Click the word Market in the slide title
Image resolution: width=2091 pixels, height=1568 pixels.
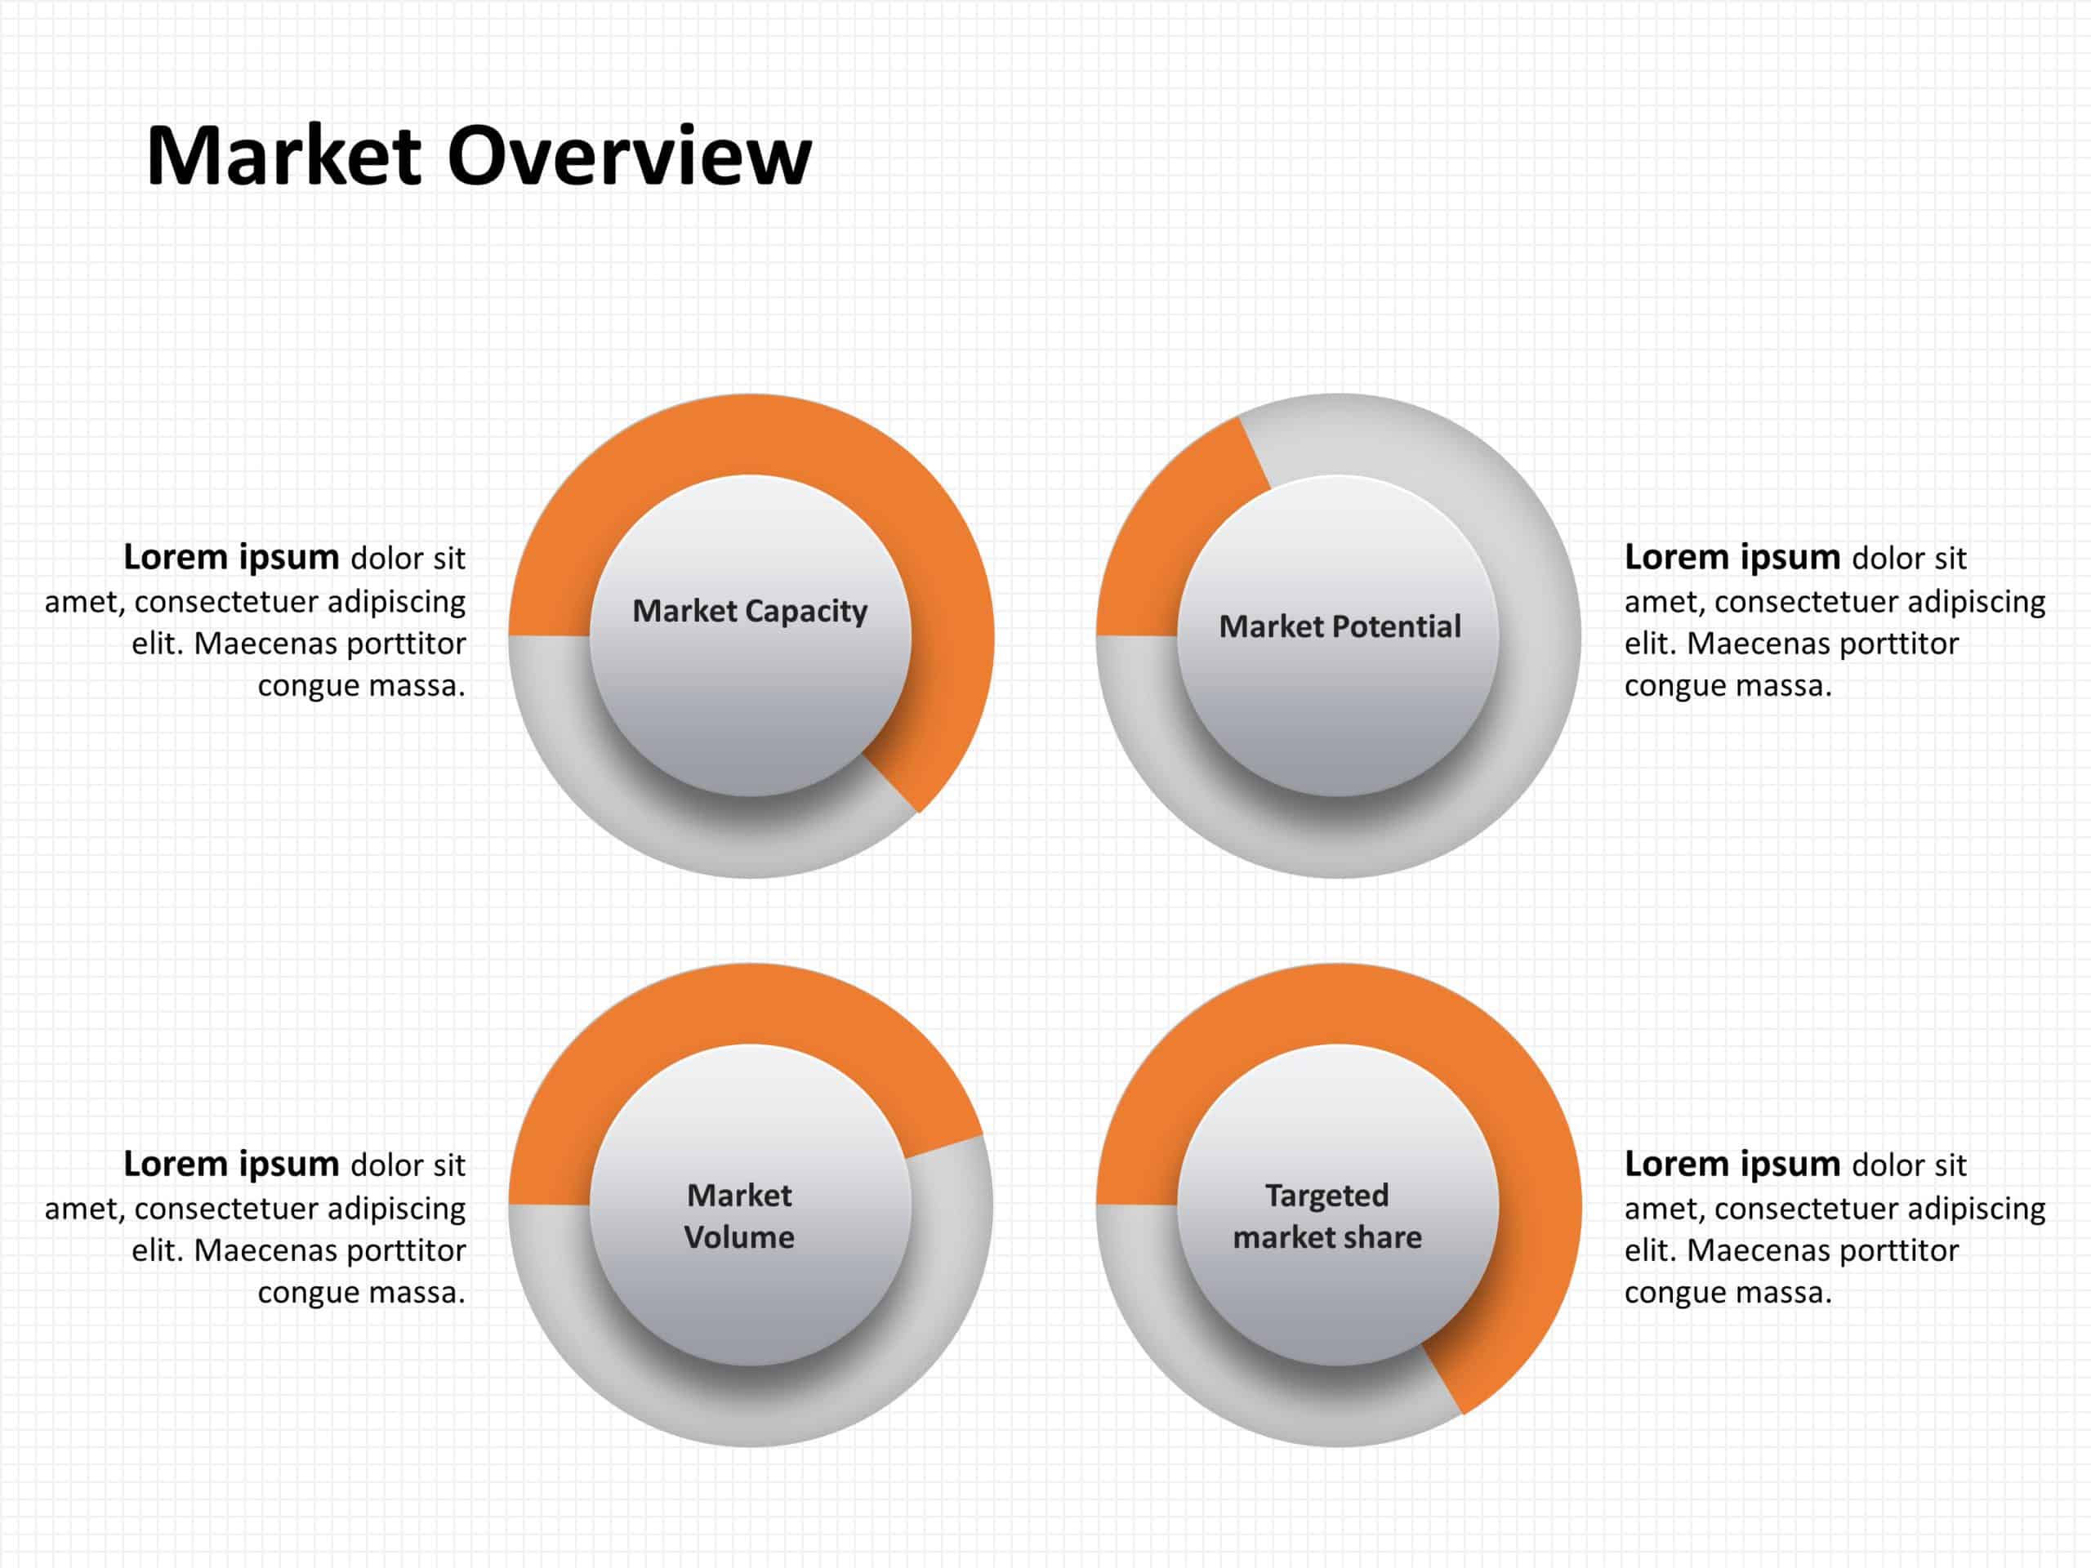point(283,156)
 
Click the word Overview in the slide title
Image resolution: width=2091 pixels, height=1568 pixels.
point(629,156)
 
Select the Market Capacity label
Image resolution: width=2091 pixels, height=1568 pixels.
point(750,612)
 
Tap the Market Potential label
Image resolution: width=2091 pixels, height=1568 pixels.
point(1340,626)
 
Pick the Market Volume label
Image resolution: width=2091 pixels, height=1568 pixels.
point(739,1216)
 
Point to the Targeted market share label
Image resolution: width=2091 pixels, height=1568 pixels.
point(1327,1216)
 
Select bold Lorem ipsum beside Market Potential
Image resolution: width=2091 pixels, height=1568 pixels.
point(1732,558)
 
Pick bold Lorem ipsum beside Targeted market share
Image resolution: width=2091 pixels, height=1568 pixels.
point(1732,1165)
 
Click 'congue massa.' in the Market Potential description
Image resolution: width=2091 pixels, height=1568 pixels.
point(1728,686)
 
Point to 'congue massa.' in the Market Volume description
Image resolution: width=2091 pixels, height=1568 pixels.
point(361,1293)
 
